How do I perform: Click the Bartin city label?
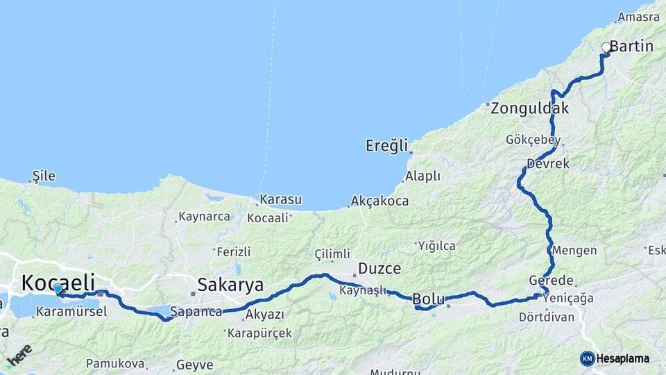[x=632, y=47]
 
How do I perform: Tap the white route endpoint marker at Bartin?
[x=606, y=47]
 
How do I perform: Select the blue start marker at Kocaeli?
[x=57, y=289]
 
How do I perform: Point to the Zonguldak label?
[x=529, y=108]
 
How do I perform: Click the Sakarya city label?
[x=230, y=285]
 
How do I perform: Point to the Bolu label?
[x=428, y=299]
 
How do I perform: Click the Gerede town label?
[x=551, y=281]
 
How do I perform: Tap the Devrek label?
[x=547, y=164]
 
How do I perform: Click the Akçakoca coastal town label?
[x=379, y=201]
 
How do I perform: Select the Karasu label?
[x=280, y=200]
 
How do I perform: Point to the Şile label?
[x=43, y=176]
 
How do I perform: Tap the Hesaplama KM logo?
[x=615, y=358]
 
